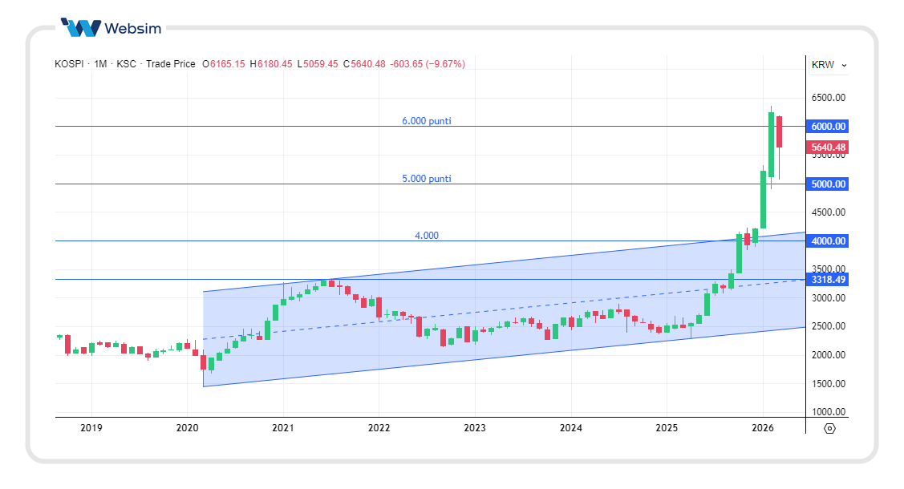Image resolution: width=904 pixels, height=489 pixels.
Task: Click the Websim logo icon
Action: tap(81, 28)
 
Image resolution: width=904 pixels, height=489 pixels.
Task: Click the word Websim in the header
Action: tap(132, 29)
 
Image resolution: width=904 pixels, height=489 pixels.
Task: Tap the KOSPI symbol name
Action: tap(69, 64)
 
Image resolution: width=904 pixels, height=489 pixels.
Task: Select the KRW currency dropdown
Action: tap(829, 65)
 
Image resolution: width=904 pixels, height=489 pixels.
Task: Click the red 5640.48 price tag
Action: tap(829, 148)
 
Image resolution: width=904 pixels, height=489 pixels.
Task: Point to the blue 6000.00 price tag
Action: tap(829, 127)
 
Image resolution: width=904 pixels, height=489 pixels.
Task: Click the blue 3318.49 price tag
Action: tap(829, 279)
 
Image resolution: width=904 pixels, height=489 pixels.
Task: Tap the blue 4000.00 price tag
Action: tap(829, 240)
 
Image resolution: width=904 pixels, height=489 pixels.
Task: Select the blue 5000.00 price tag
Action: tap(829, 184)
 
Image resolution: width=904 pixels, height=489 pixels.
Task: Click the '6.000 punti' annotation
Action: tap(426, 121)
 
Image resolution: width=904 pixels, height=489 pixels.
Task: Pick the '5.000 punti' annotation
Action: tap(426, 179)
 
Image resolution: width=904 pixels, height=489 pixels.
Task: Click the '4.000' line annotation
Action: tap(427, 236)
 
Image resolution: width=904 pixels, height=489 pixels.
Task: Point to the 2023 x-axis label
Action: tap(475, 428)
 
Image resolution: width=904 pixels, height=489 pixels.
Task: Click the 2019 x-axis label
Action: tap(91, 428)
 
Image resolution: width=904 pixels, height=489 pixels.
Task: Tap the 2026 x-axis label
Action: tap(763, 428)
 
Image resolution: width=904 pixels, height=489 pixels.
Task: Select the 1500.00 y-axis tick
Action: tap(829, 383)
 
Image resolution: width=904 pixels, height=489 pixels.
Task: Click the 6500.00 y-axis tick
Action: tap(829, 98)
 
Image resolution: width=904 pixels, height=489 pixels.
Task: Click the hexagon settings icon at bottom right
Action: tap(829, 428)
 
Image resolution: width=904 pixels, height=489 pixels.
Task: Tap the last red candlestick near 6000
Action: tap(779, 132)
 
